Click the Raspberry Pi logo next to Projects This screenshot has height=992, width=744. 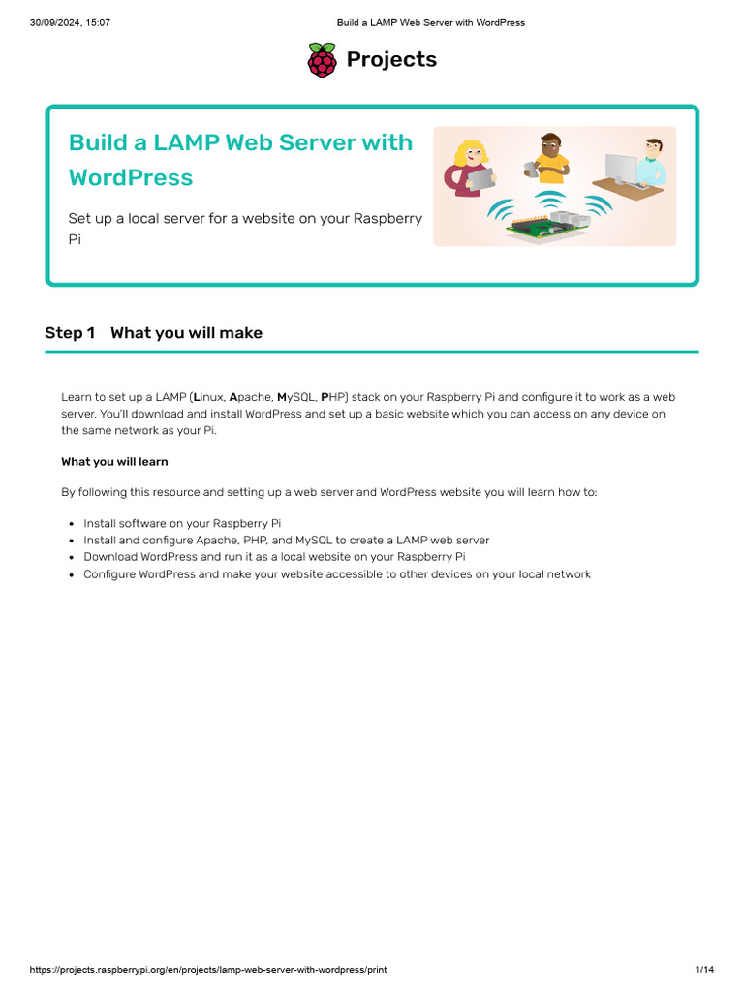click(322, 60)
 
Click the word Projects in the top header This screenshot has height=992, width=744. click(391, 60)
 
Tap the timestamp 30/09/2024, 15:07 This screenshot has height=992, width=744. click(70, 22)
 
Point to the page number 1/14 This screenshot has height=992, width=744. click(704, 969)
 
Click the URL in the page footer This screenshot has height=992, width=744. click(208, 969)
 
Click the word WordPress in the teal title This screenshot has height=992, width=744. click(131, 178)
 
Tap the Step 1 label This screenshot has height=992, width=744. click(70, 333)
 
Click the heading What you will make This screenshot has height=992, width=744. click(186, 333)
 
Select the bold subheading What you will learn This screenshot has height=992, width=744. click(114, 462)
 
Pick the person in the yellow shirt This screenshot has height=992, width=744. click(549, 157)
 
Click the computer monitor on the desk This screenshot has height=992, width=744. click(620, 169)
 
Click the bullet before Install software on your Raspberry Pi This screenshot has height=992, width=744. click(72, 524)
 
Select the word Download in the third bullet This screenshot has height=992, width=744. click(109, 557)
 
